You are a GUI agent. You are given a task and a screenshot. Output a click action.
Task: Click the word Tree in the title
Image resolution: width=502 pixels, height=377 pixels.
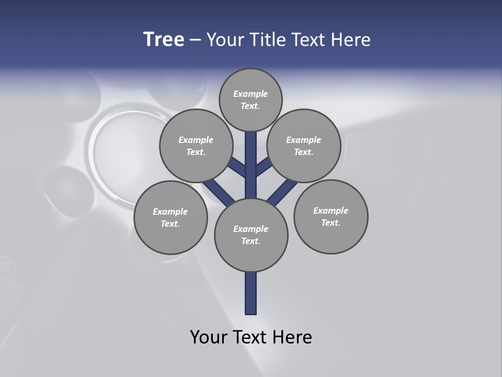coord(164,39)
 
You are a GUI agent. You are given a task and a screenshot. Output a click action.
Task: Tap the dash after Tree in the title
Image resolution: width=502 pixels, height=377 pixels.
coord(195,40)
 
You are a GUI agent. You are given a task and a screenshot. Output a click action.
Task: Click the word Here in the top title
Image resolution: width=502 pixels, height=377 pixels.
coord(351,40)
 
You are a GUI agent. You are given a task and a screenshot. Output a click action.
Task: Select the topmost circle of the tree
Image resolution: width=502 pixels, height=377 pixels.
coord(250,99)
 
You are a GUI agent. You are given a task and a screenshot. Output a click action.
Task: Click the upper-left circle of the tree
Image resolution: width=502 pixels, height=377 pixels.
coord(196,146)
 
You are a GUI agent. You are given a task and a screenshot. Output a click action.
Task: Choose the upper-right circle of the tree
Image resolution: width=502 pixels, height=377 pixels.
coord(304,146)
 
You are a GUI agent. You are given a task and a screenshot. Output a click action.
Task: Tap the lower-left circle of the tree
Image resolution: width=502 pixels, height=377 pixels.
coord(170,217)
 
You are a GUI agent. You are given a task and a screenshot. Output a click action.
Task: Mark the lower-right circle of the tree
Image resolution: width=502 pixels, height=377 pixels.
coord(330,216)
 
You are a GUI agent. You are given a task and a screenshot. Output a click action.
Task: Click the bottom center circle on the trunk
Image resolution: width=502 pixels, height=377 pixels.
coord(251,235)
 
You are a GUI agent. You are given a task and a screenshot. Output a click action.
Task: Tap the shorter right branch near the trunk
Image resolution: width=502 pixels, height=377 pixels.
coord(263,167)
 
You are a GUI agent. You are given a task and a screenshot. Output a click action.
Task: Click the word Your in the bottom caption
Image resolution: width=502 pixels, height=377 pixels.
coord(209,337)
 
